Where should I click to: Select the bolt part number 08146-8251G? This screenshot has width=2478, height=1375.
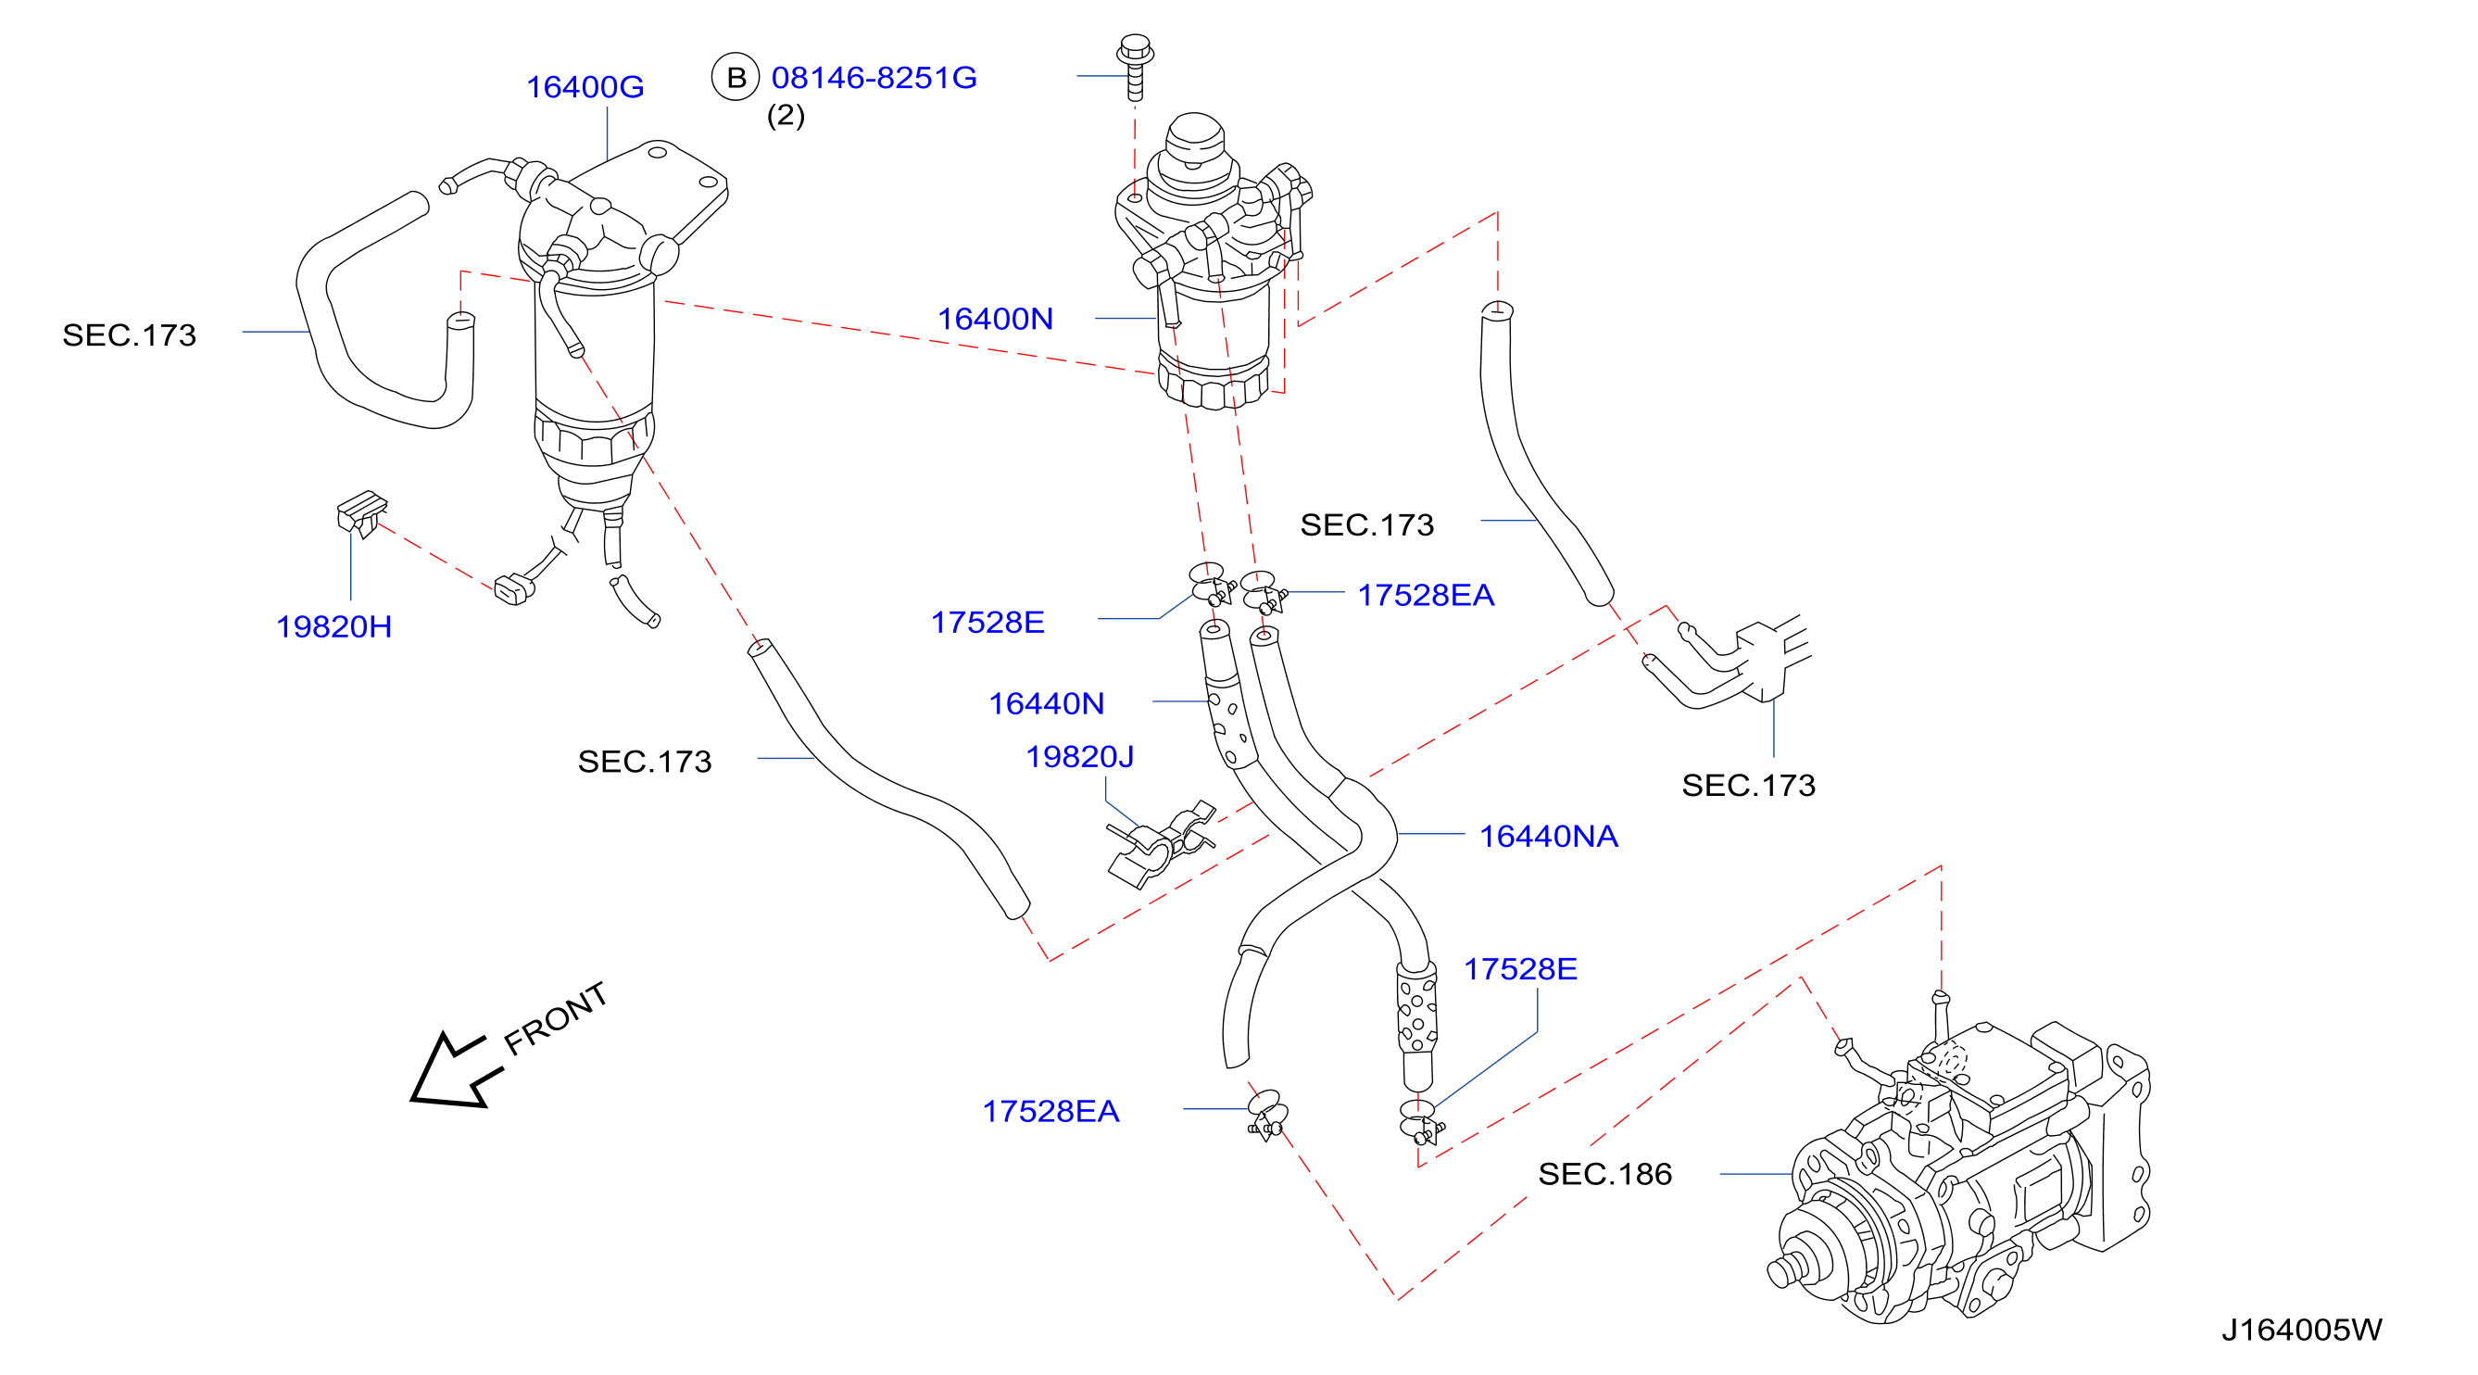(x=874, y=78)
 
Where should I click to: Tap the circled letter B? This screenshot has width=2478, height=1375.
(x=736, y=77)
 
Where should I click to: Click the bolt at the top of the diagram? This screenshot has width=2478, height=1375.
(x=1135, y=69)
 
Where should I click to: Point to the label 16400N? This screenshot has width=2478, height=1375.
(x=996, y=319)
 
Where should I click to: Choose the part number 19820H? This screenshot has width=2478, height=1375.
(x=333, y=626)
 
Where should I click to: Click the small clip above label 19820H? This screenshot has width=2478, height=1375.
(x=361, y=514)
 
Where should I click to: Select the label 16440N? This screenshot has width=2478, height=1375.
(x=1047, y=703)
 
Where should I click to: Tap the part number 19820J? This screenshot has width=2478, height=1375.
(x=1079, y=756)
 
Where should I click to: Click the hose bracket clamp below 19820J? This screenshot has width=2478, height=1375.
(x=1159, y=845)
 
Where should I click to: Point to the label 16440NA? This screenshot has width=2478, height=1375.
(x=1549, y=836)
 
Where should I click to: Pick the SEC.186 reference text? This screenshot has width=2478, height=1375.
(x=1604, y=1174)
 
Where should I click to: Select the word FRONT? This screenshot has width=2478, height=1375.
(x=556, y=1018)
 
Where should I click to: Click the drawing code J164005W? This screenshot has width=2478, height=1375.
(x=2301, y=1330)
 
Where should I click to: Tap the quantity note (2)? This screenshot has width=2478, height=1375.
(x=786, y=116)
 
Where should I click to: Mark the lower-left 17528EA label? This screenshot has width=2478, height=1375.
(x=1050, y=1111)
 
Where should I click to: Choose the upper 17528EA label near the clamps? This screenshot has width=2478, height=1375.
(x=1426, y=595)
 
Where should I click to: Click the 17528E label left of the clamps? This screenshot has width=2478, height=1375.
(x=987, y=622)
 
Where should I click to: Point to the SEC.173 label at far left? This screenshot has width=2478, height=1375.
(x=129, y=334)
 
